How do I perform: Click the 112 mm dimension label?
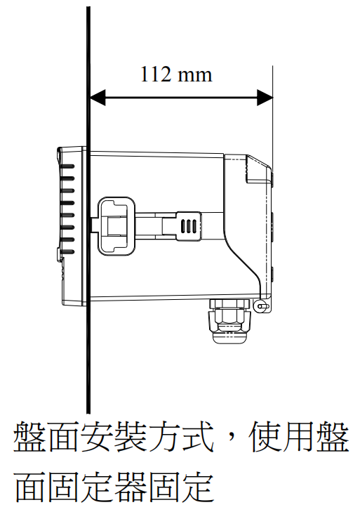(x=176, y=74)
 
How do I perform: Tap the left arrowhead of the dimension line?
(x=98, y=98)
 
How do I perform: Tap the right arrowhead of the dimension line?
(x=265, y=98)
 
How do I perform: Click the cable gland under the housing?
(x=229, y=321)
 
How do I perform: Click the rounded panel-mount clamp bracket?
(x=116, y=225)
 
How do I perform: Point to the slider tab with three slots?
(x=189, y=226)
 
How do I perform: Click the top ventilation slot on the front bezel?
(x=67, y=166)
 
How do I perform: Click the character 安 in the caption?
(x=97, y=437)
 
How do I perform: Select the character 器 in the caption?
(x=130, y=487)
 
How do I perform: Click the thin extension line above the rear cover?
(x=273, y=117)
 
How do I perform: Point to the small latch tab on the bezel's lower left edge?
(x=59, y=254)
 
